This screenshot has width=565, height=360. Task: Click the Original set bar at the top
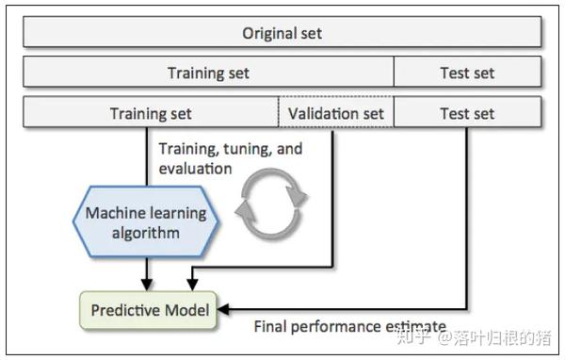pos(282,33)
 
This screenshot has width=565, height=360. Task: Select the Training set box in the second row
pos(208,73)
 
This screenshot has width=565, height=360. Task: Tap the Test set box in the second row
pos(467,73)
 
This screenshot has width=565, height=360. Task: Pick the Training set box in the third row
pos(151,114)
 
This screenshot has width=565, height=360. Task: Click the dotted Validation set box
pos(336,114)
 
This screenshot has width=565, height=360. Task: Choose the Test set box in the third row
pos(467,114)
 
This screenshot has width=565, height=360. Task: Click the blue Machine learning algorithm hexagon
pos(146,222)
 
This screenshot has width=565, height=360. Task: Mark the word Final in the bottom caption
pos(272,327)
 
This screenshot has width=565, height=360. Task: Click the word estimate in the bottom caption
pos(415,327)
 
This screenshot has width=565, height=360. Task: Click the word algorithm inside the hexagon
pos(146,233)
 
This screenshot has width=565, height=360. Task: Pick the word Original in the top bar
pos(265,33)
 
